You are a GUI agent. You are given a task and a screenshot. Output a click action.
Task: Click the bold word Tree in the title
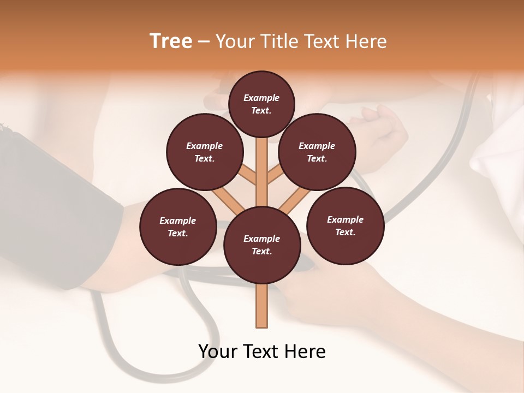coord(171,41)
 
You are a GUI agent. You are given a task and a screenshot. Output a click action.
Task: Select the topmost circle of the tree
coord(261,104)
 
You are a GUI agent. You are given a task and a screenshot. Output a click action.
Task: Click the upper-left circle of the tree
coord(205,152)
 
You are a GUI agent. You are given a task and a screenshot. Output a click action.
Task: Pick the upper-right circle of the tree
coord(317,152)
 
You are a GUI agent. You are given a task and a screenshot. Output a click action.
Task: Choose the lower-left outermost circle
coord(178,227)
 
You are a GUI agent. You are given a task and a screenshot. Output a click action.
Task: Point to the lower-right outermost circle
coord(345,225)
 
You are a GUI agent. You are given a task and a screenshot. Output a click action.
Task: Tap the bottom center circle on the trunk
coord(262,245)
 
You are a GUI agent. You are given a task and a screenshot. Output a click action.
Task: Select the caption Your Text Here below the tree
coord(262,352)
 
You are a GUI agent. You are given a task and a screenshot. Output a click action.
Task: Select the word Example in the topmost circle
coord(261,98)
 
